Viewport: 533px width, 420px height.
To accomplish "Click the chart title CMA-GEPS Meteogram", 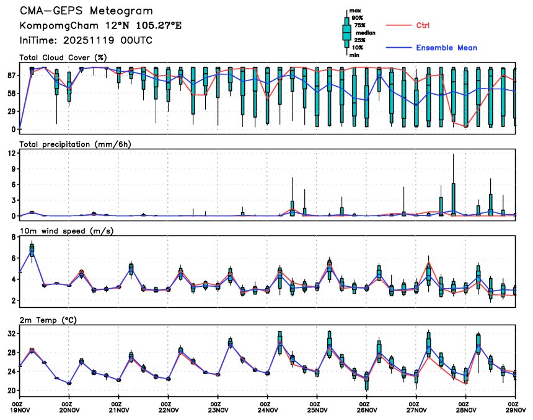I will coord(86,12).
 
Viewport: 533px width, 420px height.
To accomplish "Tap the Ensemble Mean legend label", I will coord(446,48).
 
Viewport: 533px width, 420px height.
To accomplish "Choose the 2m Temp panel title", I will coord(51,319).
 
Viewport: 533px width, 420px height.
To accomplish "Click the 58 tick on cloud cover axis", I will coord(11,94).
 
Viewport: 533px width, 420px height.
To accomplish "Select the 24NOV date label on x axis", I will coord(267,409).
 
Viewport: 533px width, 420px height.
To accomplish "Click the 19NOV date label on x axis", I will coord(19,409).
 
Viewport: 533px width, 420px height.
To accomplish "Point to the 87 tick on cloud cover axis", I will coord(11,76).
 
